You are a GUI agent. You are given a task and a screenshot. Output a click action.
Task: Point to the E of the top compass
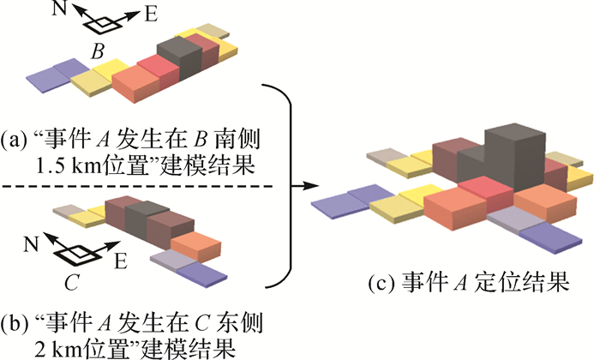point(151,15)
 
